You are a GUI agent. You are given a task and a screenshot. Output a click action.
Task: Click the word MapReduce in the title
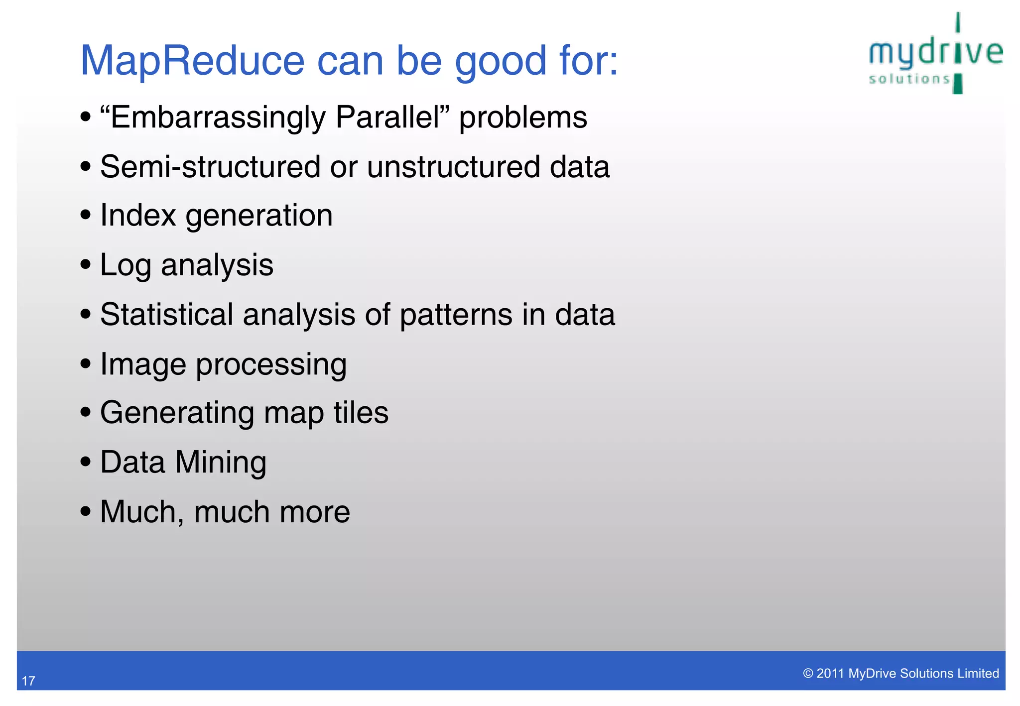point(192,61)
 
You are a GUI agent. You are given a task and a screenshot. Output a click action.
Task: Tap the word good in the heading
point(501,62)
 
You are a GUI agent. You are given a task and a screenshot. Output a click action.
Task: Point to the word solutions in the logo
point(909,79)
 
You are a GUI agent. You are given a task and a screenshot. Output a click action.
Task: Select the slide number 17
point(28,681)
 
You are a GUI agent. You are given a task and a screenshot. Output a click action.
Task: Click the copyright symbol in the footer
point(808,674)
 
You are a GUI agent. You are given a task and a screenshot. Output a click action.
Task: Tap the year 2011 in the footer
point(830,674)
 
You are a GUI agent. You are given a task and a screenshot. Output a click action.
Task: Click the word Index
point(138,216)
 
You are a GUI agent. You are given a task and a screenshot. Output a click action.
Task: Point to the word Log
point(125,266)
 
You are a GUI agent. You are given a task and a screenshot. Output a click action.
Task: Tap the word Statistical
point(166,315)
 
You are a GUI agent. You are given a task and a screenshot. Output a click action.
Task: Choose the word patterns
point(456,316)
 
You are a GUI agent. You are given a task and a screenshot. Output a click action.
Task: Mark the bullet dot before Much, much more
point(86,511)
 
